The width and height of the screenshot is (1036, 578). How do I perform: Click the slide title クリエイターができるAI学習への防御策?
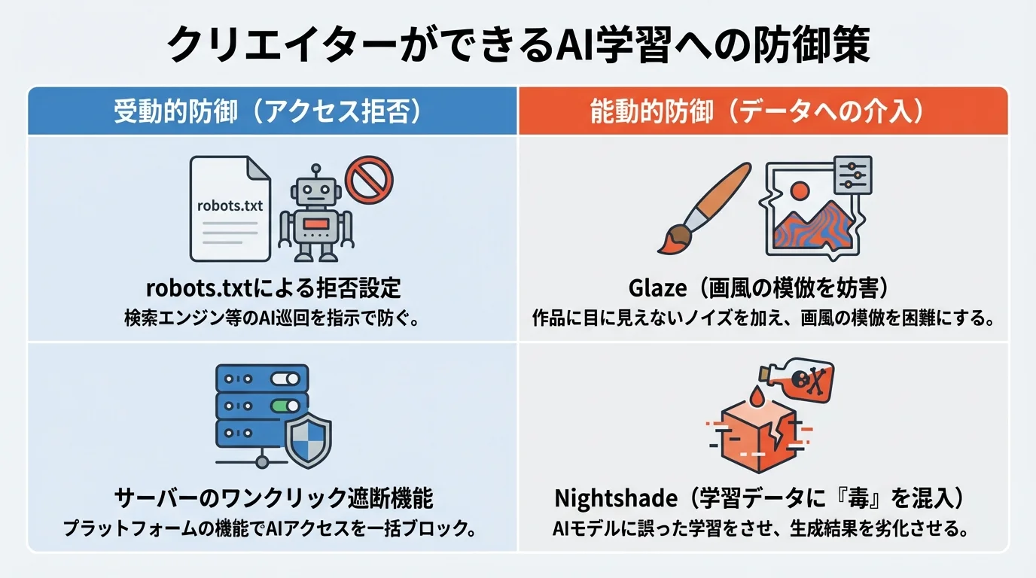tap(518, 47)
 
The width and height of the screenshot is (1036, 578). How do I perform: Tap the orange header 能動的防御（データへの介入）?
tap(762, 111)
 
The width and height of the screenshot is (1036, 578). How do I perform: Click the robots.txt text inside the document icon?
tap(230, 205)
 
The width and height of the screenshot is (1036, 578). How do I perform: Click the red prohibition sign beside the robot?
tap(369, 180)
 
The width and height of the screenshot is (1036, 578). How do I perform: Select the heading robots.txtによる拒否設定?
tap(273, 288)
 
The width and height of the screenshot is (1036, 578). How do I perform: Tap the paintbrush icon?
tap(704, 206)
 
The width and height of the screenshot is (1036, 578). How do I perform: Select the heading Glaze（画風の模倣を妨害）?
tap(762, 288)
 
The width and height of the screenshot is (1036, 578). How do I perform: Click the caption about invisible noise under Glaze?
tap(762, 318)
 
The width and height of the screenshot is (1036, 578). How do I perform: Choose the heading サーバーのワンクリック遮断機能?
tap(273, 498)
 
